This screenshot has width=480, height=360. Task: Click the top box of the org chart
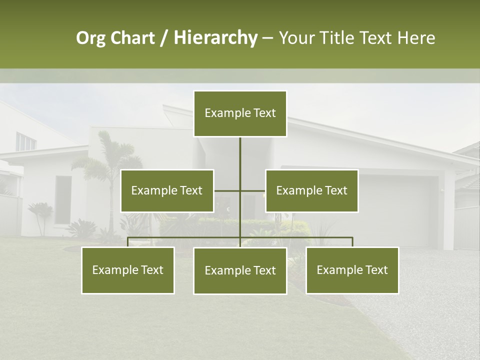click(x=240, y=113)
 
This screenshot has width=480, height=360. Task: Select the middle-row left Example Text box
click(x=167, y=190)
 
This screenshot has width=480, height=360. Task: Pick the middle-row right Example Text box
click(x=311, y=190)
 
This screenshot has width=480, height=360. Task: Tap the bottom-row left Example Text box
click(x=128, y=270)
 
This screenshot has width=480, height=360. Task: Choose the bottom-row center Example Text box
click(x=240, y=270)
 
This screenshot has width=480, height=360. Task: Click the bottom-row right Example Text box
click(x=352, y=270)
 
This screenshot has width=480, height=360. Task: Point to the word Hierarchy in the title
click(x=215, y=38)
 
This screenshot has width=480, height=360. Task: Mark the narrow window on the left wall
click(x=63, y=200)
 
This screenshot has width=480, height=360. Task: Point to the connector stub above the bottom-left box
click(x=128, y=242)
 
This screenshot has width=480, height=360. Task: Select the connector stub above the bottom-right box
click(x=352, y=242)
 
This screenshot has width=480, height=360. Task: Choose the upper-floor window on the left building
click(x=26, y=141)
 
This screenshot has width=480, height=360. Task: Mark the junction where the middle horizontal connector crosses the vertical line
click(x=240, y=190)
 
